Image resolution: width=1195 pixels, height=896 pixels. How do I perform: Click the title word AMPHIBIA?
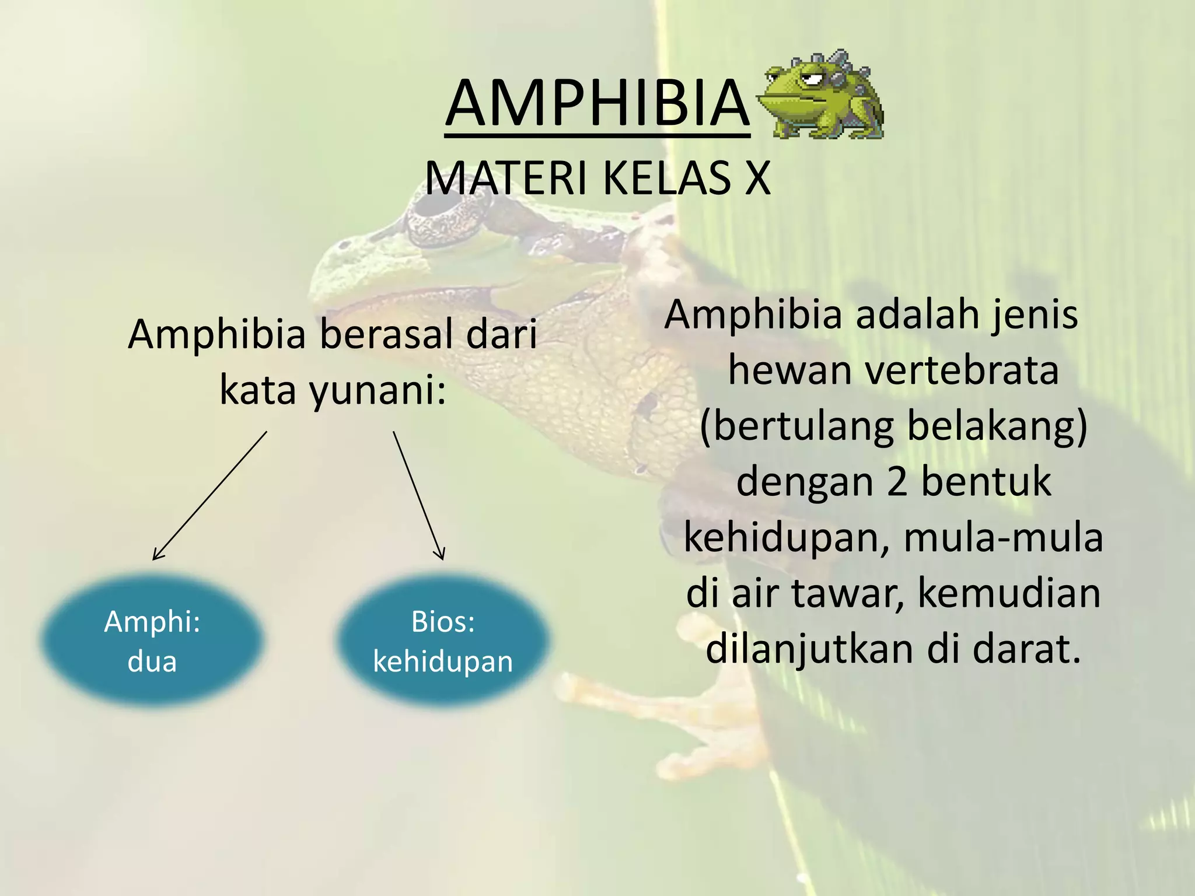597,104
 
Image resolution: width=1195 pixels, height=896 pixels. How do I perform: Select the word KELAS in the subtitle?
666,178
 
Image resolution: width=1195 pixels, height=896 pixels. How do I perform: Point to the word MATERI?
505,178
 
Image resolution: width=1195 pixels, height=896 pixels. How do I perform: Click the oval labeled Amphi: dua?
152,640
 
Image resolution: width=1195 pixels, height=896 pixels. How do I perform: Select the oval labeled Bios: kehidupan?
443,640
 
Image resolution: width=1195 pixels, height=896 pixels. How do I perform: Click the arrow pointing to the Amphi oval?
210,496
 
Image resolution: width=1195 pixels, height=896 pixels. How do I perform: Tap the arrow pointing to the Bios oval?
418,496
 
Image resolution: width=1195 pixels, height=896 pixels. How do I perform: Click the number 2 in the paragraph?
897,482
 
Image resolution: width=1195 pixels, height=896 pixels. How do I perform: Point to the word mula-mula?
1003,538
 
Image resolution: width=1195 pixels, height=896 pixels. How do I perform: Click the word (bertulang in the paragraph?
796,426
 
